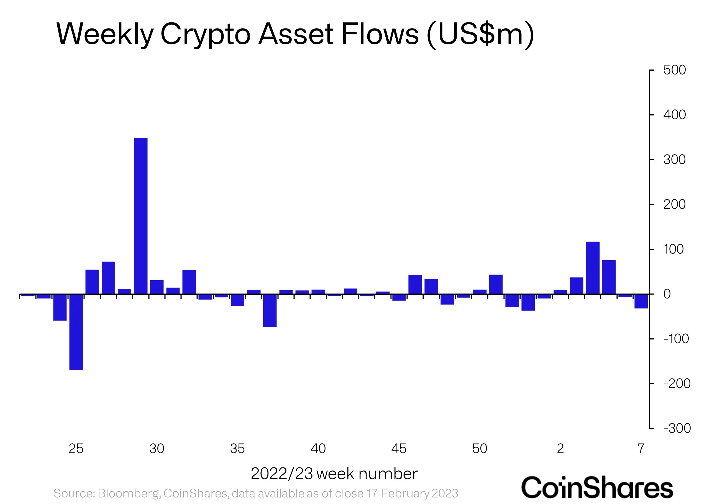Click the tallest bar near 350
point(141,216)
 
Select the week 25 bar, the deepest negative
point(76,332)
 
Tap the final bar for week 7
point(641,301)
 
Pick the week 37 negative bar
point(270,310)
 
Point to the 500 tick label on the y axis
point(674,70)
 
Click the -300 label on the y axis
point(677,428)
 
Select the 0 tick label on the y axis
point(667,294)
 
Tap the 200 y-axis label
point(674,205)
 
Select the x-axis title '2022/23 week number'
point(334,474)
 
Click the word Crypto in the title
point(205,34)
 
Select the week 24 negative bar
point(60,307)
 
